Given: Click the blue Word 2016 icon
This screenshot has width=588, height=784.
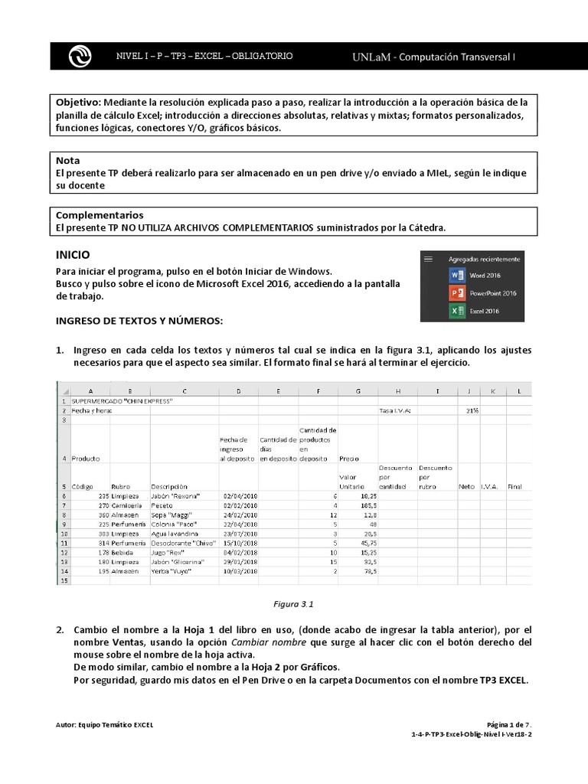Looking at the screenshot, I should [456, 275].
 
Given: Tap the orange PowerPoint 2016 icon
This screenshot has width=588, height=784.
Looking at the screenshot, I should [456, 292].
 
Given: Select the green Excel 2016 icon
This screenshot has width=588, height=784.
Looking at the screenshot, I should [456, 311].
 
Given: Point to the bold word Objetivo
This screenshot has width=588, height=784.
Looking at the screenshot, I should [78, 102].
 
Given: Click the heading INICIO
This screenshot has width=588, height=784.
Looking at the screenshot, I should [73, 254].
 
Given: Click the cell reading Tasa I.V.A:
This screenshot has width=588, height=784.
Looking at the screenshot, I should [395, 410].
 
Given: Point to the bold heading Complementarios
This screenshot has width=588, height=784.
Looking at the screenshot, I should [100, 215].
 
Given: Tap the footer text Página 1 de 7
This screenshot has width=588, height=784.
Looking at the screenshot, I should [509, 724].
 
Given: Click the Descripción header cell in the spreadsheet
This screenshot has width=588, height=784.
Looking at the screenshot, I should [170, 486].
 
